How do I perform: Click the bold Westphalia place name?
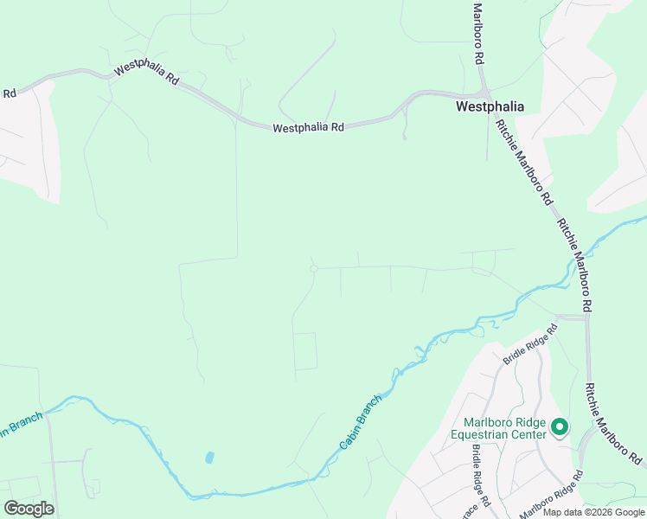click(490, 108)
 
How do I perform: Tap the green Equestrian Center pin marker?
click(559, 426)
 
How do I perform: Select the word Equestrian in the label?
click(490, 434)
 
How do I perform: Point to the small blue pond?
click(209, 457)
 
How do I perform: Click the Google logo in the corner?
click(29, 509)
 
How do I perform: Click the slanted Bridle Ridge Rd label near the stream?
click(528, 336)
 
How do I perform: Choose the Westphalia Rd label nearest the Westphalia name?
click(308, 127)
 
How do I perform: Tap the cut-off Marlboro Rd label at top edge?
click(477, 33)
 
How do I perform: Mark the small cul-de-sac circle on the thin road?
click(314, 269)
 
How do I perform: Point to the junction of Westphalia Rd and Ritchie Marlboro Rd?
click(485, 93)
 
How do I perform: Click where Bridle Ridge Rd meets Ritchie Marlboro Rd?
click(586, 317)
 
